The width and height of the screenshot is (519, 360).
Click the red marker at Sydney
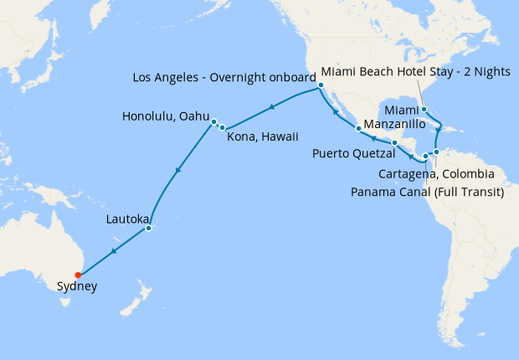coord(77,274)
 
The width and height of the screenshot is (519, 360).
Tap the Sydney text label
coord(77,286)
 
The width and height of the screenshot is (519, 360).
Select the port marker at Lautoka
coord(148,228)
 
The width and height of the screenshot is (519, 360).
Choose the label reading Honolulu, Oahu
coord(165,116)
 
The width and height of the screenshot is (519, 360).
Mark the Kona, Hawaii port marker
coord(223,127)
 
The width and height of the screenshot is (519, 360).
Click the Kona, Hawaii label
coord(263,136)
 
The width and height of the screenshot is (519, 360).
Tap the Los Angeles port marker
coord(321,85)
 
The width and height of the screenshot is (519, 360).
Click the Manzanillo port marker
coord(358,128)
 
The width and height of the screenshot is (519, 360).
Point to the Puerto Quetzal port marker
coord(394,143)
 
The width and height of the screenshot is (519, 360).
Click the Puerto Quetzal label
coord(352,153)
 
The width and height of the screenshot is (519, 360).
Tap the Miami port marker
coord(424,109)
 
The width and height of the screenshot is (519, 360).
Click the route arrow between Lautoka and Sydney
coord(113,250)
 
